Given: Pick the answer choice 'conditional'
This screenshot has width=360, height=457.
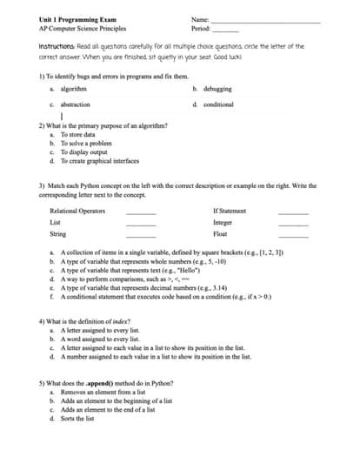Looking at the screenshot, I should [x=218, y=104].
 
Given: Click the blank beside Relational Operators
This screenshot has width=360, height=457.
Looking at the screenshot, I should [x=142, y=212].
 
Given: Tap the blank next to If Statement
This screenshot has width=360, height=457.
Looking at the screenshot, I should [x=292, y=212].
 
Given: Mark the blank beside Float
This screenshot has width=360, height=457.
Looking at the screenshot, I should [x=292, y=235].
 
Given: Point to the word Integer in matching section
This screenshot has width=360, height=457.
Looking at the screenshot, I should [x=223, y=223].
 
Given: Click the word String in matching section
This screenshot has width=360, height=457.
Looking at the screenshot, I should [x=58, y=234].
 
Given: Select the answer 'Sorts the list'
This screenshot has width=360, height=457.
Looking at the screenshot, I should [x=78, y=419].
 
